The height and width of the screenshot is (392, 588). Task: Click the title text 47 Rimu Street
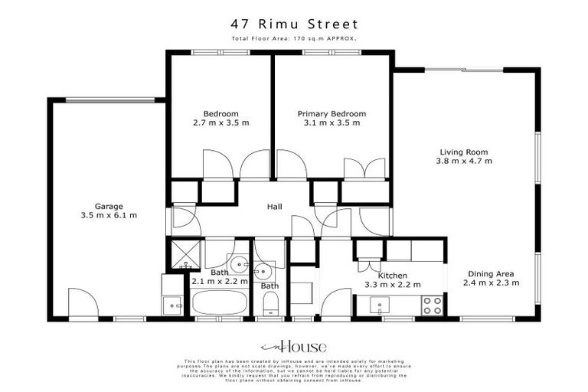pos(294,24)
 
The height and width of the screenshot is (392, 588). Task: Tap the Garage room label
pos(109,206)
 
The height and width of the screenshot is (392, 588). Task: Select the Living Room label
pos(463,152)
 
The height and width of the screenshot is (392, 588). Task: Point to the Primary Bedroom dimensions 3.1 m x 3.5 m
pos(332,122)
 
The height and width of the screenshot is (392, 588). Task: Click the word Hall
pos(274,207)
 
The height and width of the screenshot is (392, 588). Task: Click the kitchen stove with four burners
pos(431,305)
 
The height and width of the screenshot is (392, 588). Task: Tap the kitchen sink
pos(381,305)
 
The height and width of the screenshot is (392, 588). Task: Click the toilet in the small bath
pos(269,305)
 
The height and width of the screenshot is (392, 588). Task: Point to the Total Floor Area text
pos(294,38)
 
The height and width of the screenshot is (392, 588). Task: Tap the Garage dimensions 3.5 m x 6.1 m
pos(109,215)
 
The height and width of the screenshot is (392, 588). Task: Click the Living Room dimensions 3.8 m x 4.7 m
pos(463,161)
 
